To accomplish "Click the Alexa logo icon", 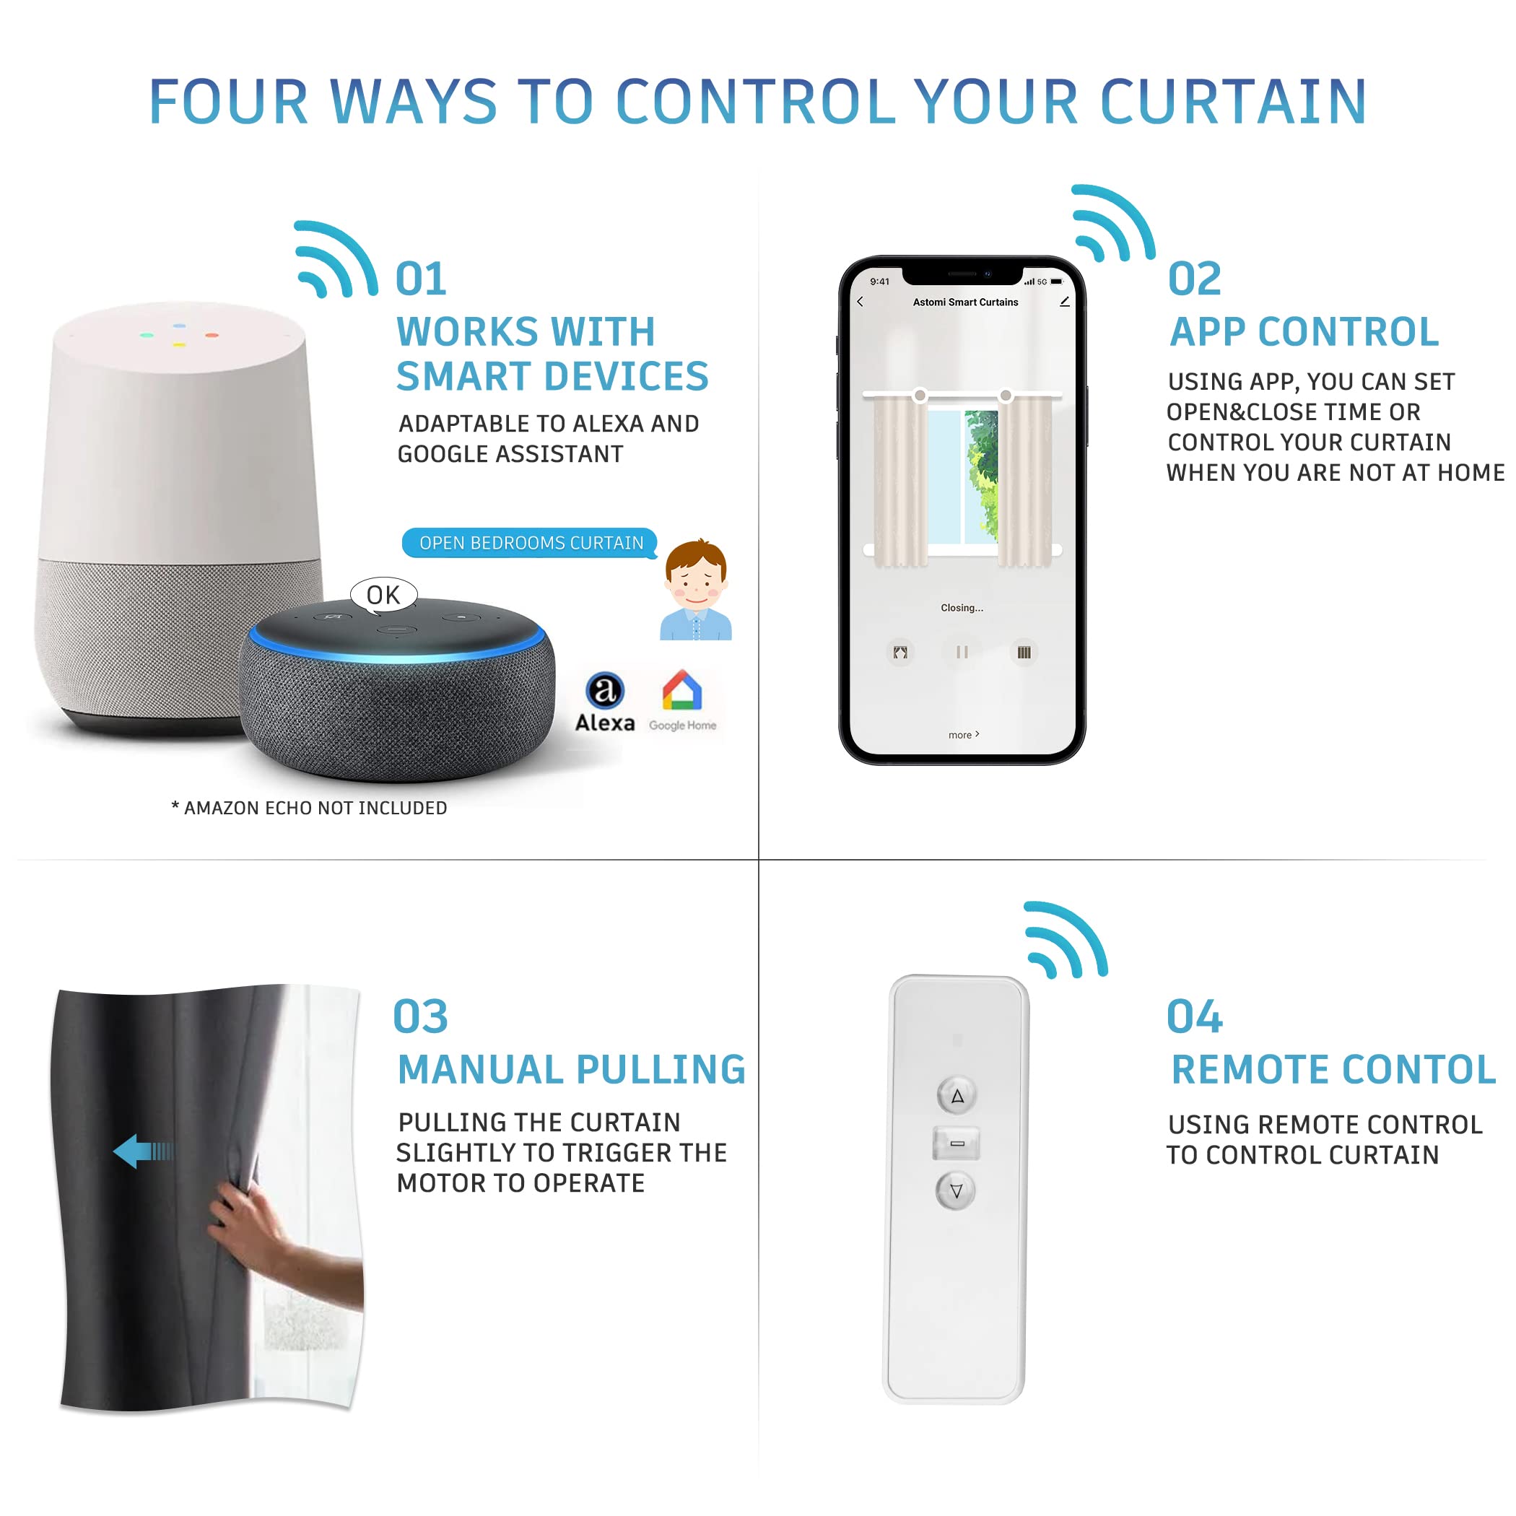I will click(x=605, y=692).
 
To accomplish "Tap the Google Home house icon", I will click(x=681, y=692).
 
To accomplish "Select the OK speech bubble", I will click(x=383, y=595).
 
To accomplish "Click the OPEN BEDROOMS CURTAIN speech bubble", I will click(x=531, y=543).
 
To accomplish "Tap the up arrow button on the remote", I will click(x=957, y=1096).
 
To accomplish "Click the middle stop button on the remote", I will click(x=957, y=1143).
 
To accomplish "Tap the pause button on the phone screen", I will click(x=962, y=652).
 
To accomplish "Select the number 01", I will click(x=422, y=280).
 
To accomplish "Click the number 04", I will click(x=1194, y=1018).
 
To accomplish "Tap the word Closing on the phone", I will click(x=962, y=608).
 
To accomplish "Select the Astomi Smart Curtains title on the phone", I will click(x=965, y=302).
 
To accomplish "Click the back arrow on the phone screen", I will click(x=861, y=301).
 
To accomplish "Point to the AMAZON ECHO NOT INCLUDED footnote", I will click(x=309, y=809).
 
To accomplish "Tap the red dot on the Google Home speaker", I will click(x=212, y=335).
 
